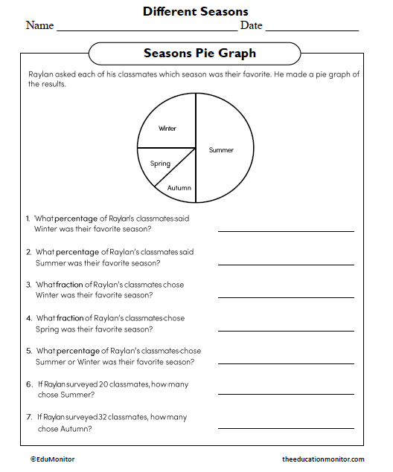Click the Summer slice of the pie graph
[x=223, y=149]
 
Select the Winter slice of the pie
[x=168, y=126]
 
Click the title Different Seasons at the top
[x=195, y=11]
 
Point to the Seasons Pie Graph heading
[x=199, y=54]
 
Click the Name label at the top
[x=39, y=26]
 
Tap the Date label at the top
[x=251, y=26]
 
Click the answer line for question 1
[x=286, y=231]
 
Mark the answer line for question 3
[x=286, y=297]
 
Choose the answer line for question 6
[x=286, y=393]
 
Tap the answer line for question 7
[x=286, y=427]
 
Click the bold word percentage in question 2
[x=77, y=252]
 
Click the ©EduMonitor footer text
[x=52, y=459]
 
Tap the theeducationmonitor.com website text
[x=323, y=459]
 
